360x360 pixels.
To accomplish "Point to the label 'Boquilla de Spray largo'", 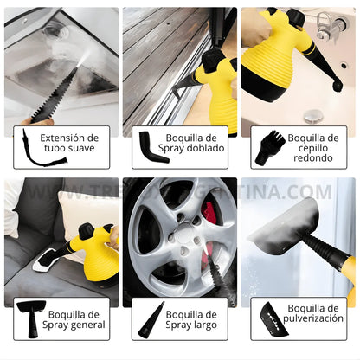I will (x=191, y=319).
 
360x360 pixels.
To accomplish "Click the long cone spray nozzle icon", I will (x=144, y=320).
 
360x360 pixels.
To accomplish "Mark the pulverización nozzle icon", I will (x=267, y=319).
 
